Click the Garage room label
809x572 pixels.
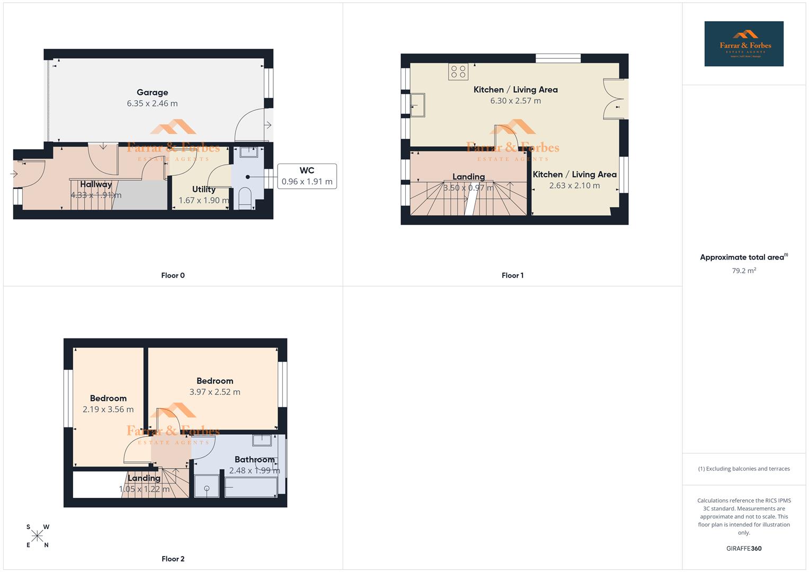pyautogui.click(x=152, y=92)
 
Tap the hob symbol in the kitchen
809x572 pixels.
pyautogui.click(x=458, y=71)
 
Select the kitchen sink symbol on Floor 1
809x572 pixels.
pyautogui.click(x=417, y=104)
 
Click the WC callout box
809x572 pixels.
pyautogui.click(x=307, y=176)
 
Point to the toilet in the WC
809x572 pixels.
pyautogui.click(x=245, y=198)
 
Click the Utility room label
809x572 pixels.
pyautogui.click(x=203, y=189)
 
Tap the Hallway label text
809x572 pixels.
pyautogui.click(x=96, y=184)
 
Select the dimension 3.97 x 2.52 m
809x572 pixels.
pyautogui.click(x=215, y=392)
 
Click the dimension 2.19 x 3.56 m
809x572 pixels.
pyautogui.click(x=108, y=409)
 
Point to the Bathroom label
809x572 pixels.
pyautogui.click(x=254, y=459)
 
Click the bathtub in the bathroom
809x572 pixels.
pyautogui.click(x=251, y=487)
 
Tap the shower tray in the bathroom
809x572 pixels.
pyautogui.click(x=207, y=486)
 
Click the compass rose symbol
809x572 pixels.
pyautogui.click(x=37, y=536)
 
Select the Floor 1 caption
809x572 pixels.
pyautogui.click(x=512, y=275)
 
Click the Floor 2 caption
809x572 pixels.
pyautogui.click(x=173, y=559)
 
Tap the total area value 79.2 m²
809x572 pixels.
pyautogui.click(x=743, y=271)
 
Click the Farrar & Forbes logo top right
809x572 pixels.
pyautogui.click(x=743, y=43)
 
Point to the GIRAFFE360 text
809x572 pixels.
pyautogui.click(x=743, y=549)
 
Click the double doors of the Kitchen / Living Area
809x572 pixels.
pyautogui.click(x=615, y=99)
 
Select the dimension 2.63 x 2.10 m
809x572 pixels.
pyautogui.click(x=574, y=185)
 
